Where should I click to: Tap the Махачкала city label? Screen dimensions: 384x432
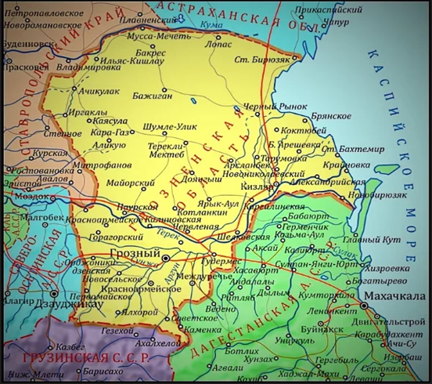tap(398, 295)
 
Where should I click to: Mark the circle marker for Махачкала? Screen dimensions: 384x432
tap(365, 302)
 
